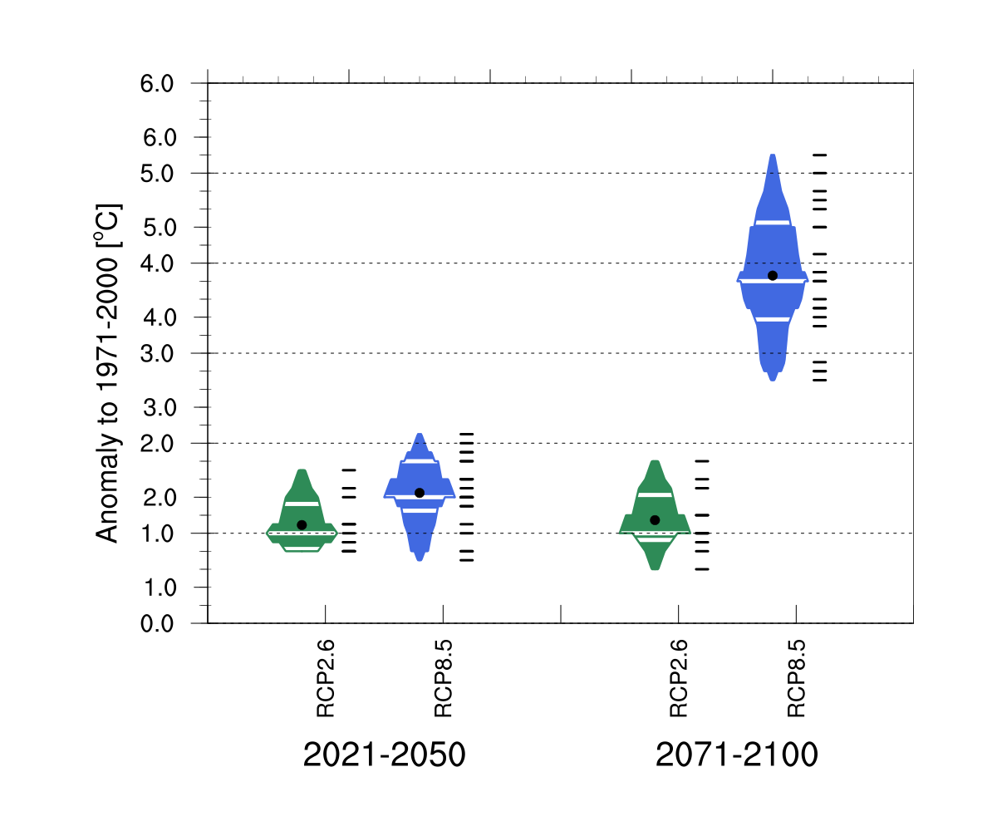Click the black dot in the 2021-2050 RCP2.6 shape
302,524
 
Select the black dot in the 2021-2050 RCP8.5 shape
420,493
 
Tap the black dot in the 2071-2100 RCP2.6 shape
655,519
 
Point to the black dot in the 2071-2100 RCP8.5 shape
773,275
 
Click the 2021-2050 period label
384,756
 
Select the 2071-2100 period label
737,756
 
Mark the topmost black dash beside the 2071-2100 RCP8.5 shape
820,155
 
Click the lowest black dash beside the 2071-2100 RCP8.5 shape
820,380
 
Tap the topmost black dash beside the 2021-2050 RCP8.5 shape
467,434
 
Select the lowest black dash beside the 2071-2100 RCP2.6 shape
703,569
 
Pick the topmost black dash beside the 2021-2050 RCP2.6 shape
349,470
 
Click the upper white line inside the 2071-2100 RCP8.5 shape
773,222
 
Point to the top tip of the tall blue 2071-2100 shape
773,155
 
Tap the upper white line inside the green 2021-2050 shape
302,504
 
